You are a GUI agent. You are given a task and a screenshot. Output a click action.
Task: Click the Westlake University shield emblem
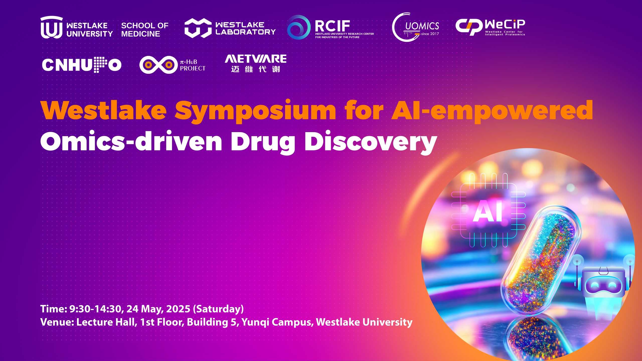(x=52, y=27)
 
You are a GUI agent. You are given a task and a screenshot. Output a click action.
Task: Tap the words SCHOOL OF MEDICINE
(x=145, y=30)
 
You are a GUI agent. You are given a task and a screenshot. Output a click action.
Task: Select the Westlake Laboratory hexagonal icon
(x=198, y=28)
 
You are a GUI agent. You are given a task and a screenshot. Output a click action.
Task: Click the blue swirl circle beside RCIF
(x=298, y=27)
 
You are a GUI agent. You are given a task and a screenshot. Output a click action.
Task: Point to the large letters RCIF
(x=332, y=26)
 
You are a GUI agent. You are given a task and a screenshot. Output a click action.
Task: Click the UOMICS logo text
(x=422, y=26)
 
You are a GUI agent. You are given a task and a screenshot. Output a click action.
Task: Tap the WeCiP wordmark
(x=505, y=24)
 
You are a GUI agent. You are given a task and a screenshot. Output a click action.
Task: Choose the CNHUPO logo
(x=82, y=65)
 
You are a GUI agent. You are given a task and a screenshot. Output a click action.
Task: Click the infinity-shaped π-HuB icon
(x=158, y=65)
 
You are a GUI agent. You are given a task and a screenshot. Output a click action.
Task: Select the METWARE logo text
(x=256, y=59)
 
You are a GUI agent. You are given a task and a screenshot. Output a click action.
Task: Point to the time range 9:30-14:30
(x=95, y=309)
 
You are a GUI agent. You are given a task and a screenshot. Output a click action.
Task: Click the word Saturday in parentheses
(x=218, y=309)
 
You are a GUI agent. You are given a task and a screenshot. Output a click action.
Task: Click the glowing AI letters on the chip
(x=488, y=211)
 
